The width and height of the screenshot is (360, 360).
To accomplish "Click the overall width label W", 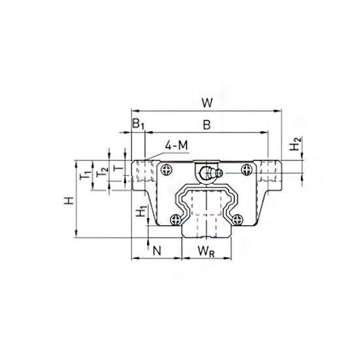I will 207,102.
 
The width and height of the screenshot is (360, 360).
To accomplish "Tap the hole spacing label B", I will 205,124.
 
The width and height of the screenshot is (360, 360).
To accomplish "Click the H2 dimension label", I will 296,146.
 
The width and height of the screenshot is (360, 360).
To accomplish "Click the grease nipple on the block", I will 209,173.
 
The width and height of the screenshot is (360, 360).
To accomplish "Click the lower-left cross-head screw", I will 175,219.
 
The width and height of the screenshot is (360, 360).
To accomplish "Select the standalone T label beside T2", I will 118,169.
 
